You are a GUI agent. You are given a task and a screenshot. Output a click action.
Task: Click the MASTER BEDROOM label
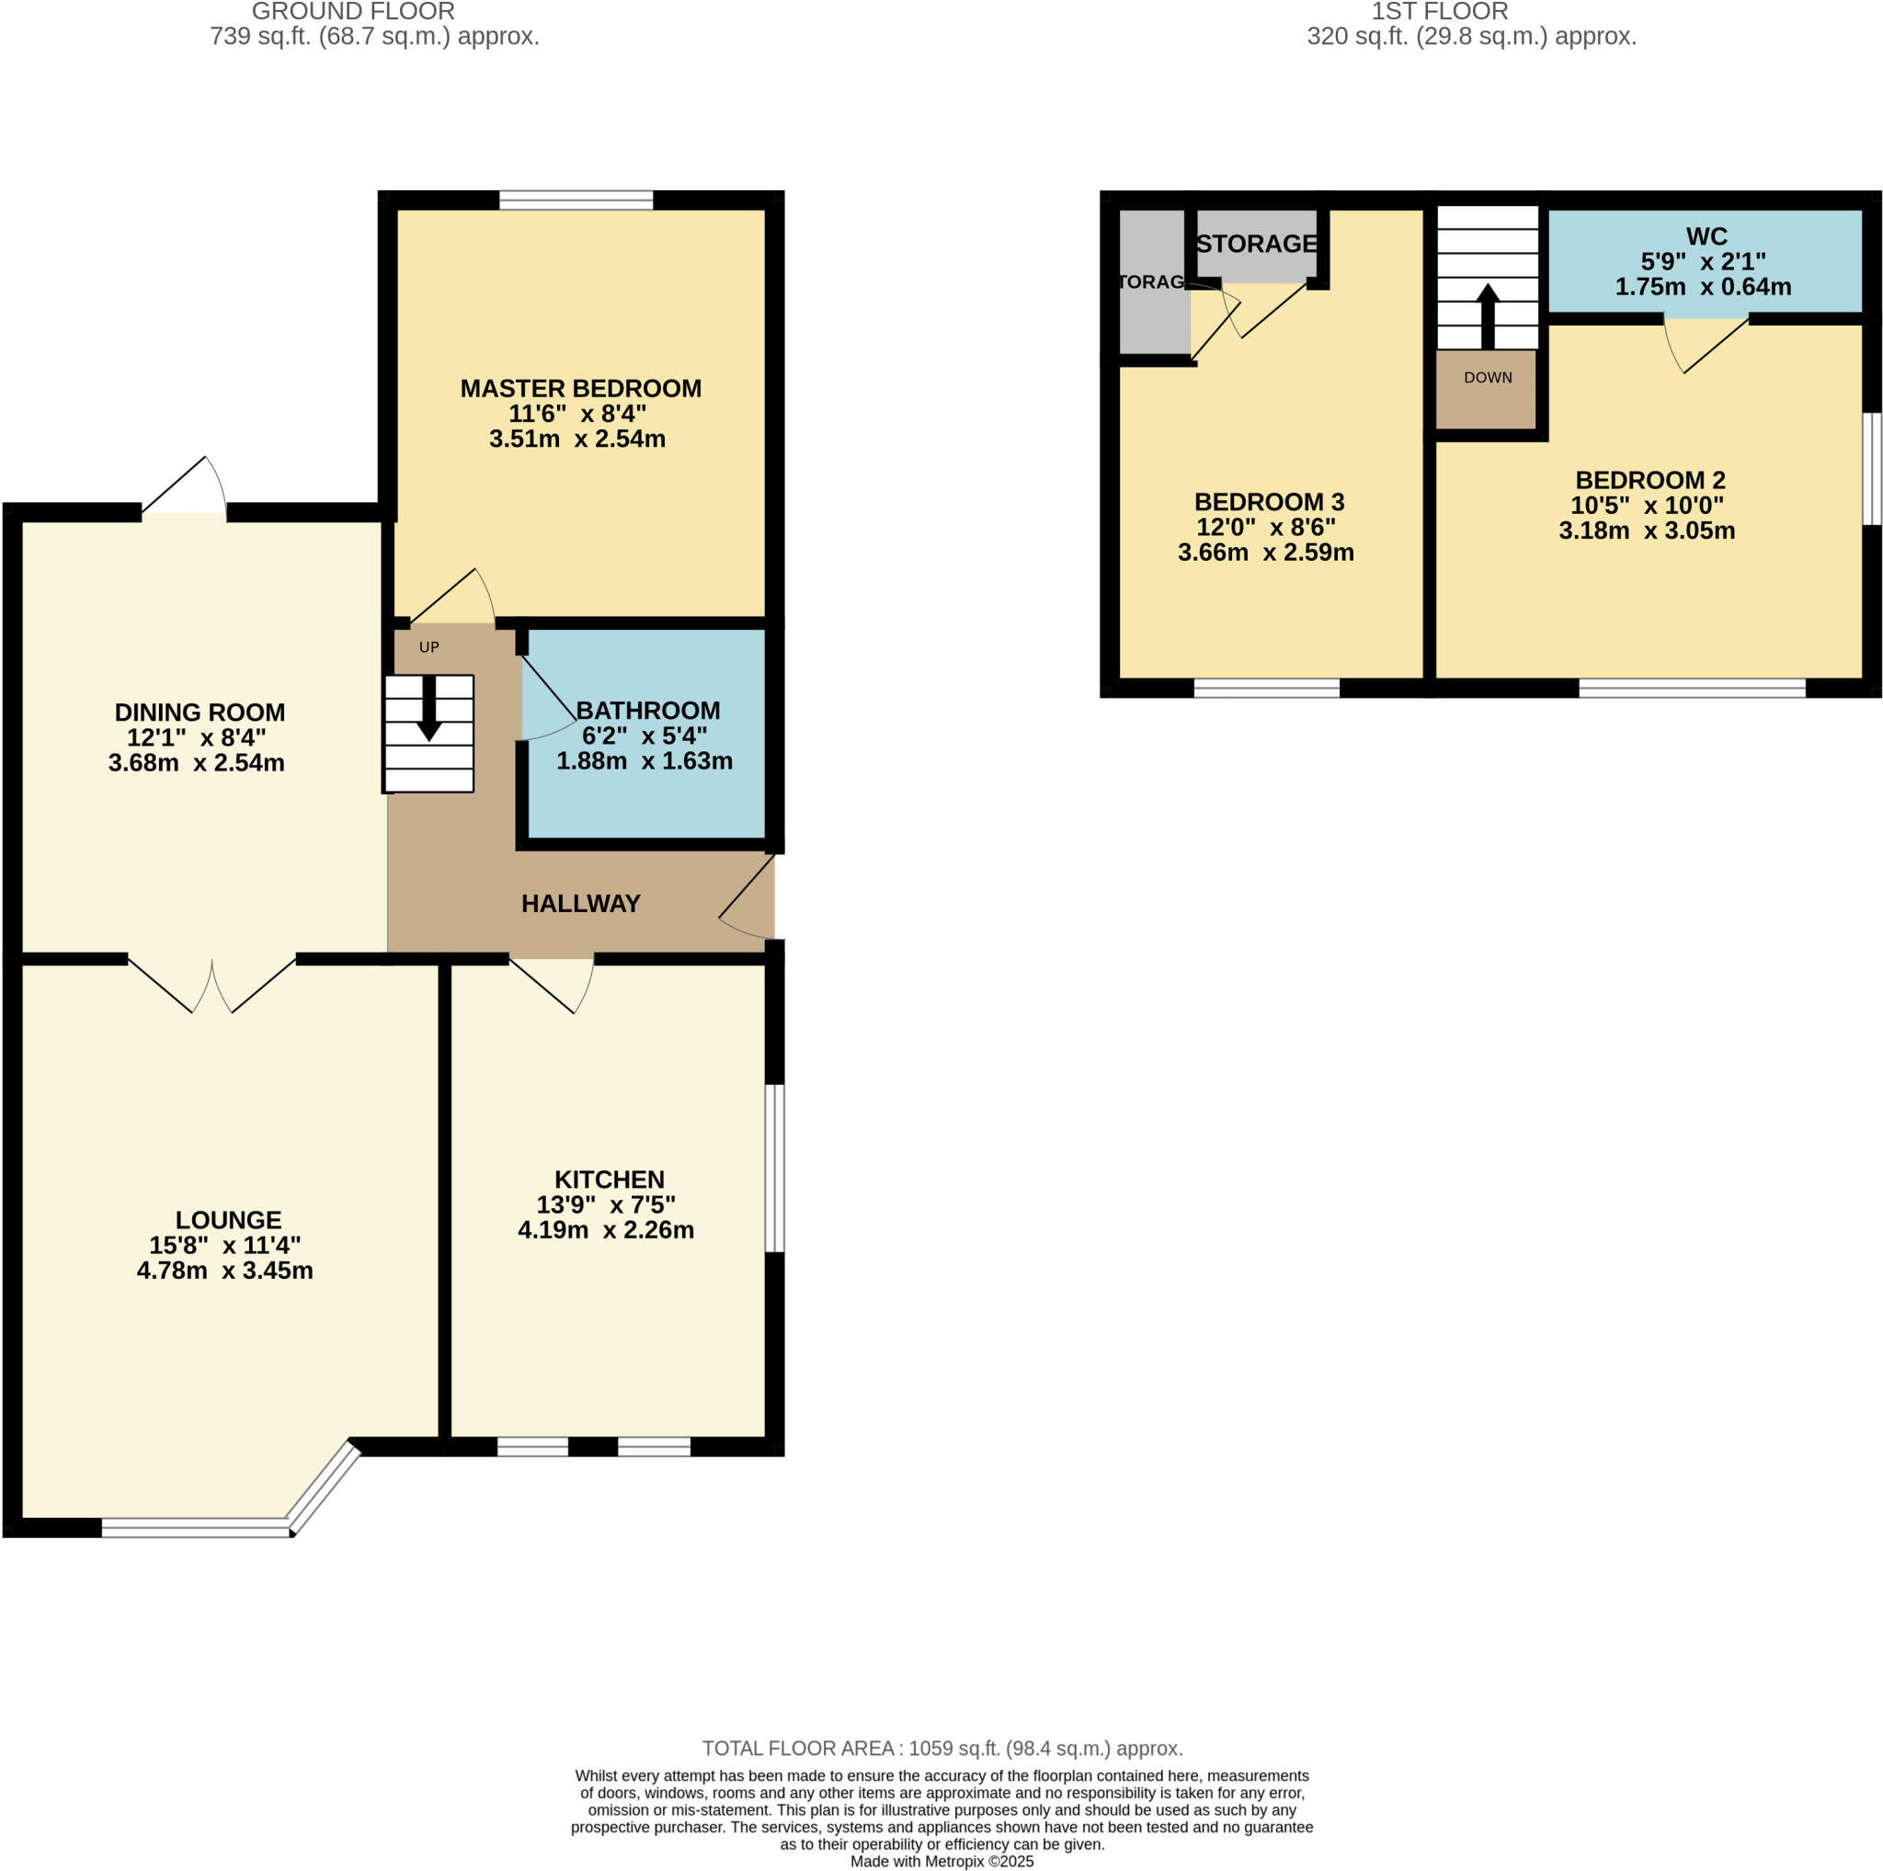[x=580, y=388]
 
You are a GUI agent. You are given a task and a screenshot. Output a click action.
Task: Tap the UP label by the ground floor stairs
[x=428, y=647]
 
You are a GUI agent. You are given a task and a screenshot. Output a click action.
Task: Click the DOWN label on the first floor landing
[x=1488, y=377]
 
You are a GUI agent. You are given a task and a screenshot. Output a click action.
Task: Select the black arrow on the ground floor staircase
[x=428, y=711]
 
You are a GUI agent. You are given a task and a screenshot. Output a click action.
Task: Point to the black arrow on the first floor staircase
[x=1488, y=314]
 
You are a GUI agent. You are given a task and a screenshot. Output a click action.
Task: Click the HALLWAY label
[x=580, y=904]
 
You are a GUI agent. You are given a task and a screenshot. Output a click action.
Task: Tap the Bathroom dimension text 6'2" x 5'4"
[x=645, y=736]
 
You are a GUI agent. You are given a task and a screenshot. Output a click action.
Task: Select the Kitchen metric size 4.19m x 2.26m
[x=605, y=1230]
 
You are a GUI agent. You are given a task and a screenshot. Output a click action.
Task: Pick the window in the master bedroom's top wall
[x=576, y=200]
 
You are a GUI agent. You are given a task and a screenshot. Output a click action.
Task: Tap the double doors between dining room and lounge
[x=212, y=984]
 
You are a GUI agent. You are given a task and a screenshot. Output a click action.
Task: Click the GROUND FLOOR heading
[x=353, y=12]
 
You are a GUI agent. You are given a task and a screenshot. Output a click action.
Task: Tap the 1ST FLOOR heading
[x=1440, y=12]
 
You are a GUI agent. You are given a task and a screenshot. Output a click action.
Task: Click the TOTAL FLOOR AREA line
[x=941, y=1748]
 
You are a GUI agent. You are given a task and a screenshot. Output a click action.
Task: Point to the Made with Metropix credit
[x=941, y=1861]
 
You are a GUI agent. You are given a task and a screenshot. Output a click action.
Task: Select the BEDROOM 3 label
[x=1269, y=502]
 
